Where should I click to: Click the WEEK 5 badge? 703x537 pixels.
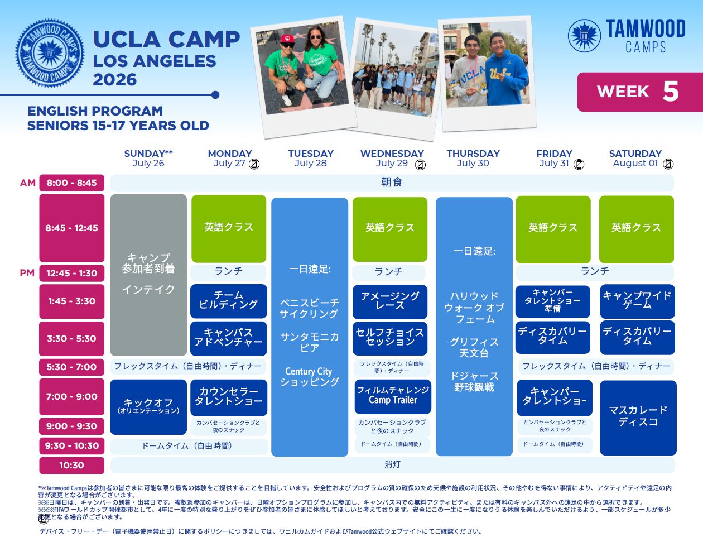pos(640,92)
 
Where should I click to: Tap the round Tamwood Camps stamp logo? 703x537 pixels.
pos(50,53)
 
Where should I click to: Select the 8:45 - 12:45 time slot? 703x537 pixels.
pos(72,228)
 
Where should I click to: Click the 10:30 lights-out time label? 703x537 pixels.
pos(72,465)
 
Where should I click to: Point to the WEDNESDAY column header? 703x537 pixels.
pos(392,154)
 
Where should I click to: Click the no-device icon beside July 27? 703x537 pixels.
pos(254,164)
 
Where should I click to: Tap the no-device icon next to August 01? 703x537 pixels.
pos(668,164)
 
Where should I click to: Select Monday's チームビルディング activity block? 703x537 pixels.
pos(229,301)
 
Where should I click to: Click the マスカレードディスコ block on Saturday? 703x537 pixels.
pos(638,418)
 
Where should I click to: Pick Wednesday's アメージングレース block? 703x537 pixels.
pos(390,301)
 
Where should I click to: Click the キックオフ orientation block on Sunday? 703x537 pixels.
pos(148,407)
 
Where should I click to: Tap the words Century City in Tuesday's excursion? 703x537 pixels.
pos(309,371)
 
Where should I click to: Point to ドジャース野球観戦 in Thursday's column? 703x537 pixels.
pos(474,382)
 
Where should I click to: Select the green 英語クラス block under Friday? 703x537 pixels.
pos(553,229)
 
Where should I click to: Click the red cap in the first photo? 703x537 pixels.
pos(287,39)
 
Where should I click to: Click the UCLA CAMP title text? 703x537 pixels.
pos(166,40)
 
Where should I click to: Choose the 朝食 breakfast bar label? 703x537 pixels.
pos(392,183)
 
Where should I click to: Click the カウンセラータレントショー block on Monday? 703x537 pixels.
pos(229,397)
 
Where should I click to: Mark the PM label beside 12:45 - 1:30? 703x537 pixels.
pos(27,273)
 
